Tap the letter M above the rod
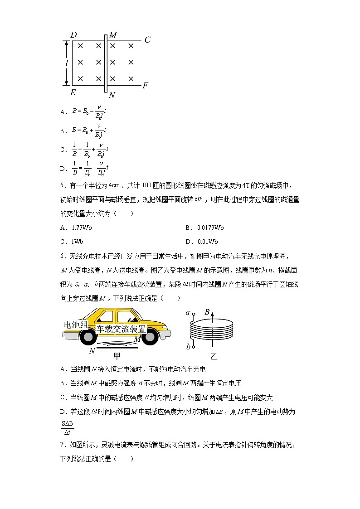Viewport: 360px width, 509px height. pyautogui.click(x=113, y=35)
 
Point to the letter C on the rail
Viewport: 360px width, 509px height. pyautogui.click(x=147, y=40)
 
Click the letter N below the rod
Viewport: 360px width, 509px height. pyautogui.click(x=112, y=95)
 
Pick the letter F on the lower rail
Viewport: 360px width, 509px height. pyautogui.click(x=145, y=85)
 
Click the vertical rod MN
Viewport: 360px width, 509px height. pyautogui.click(x=105, y=63)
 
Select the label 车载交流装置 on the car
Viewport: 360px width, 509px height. pyautogui.click(x=121, y=329)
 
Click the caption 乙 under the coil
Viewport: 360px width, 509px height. pyautogui.click(x=214, y=356)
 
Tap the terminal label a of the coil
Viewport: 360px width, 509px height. pyautogui.click(x=187, y=312)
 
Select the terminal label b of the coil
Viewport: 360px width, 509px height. pyautogui.click(x=187, y=347)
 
